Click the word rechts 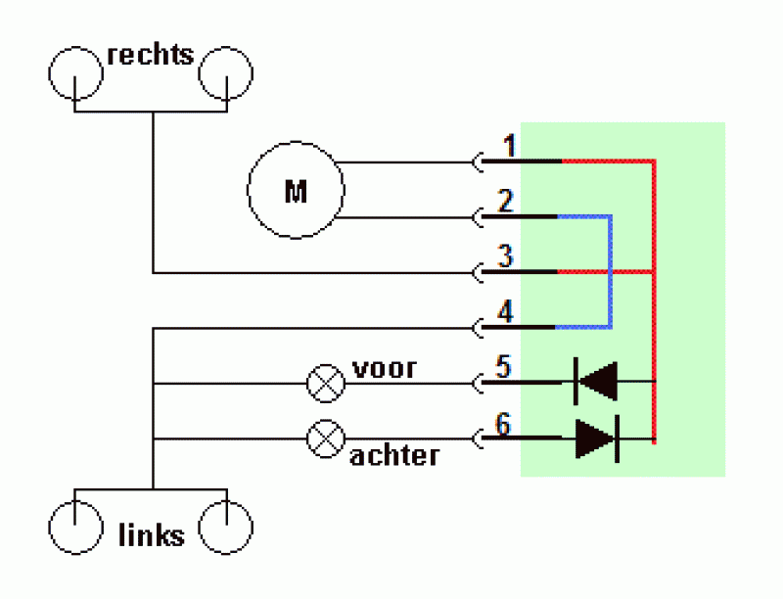[x=151, y=54]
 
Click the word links [x=152, y=535]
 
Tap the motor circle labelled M [x=296, y=142]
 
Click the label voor [x=384, y=369]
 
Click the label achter [x=394, y=455]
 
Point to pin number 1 [x=509, y=146]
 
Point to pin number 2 [x=505, y=201]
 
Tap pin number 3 [x=505, y=256]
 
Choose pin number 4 [x=505, y=311]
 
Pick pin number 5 [x=503, y=367]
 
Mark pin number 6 [x=503, y=424]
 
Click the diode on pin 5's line [x=596, y=382]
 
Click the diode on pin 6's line [x=597, y=438]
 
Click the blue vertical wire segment [x=610, y=272]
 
